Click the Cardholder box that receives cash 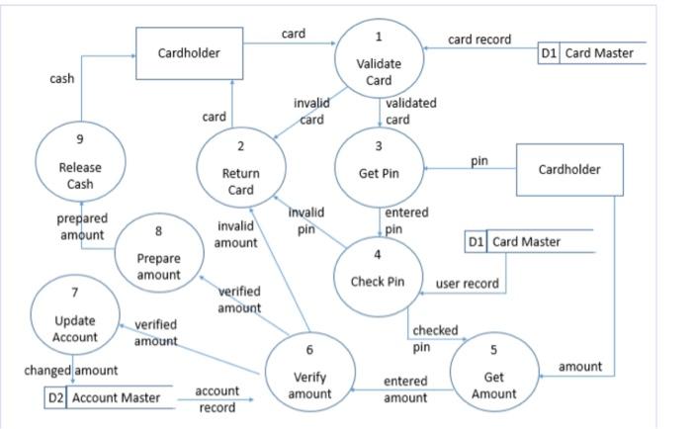pyautogui.click(x=189, y=52)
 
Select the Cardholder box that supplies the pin pyautogui.click(x=568, y=169)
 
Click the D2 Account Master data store pyautogui.click(x=109, y=397)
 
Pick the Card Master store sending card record pyautogui.click(x=591, y=53)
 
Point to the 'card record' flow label pyautogui.click(x=479, y=40)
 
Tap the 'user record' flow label pyautogui.click(x=468, y=284)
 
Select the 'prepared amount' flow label pyautogui.click(x=82, y=226)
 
